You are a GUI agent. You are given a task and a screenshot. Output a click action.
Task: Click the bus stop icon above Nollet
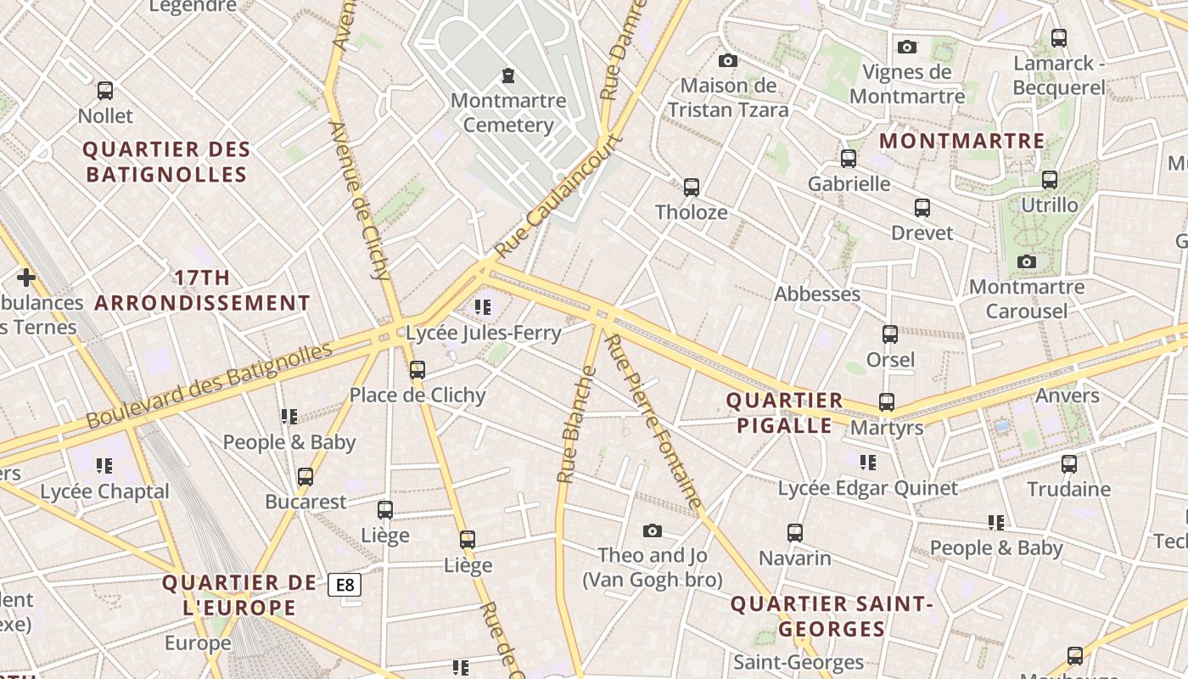105,90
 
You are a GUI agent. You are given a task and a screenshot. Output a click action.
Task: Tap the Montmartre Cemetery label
508,113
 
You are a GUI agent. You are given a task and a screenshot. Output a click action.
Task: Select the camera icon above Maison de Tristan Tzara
727,60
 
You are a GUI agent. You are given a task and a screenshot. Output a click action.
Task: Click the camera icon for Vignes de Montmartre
907,47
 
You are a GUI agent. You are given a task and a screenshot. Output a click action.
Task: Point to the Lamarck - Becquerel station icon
1058,37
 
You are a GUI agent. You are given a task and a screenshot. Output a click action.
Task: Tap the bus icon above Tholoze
692,187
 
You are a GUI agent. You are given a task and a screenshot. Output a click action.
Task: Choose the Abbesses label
817,295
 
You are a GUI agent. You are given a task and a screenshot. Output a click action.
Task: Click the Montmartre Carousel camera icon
1027,261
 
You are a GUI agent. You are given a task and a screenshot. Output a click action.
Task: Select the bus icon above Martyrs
887,401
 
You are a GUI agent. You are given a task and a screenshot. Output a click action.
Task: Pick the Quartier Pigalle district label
784,412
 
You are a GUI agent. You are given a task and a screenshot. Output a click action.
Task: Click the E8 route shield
345,585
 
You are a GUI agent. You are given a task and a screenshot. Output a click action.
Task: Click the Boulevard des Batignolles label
209,385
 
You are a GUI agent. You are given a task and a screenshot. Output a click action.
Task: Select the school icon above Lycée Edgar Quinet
867,462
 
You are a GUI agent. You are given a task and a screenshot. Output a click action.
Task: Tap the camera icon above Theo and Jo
652,530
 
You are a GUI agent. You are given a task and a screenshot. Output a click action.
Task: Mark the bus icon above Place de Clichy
417,369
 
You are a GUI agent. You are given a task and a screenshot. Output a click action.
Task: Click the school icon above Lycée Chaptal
104,465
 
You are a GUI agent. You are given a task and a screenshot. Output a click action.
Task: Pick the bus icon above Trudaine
1069,463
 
